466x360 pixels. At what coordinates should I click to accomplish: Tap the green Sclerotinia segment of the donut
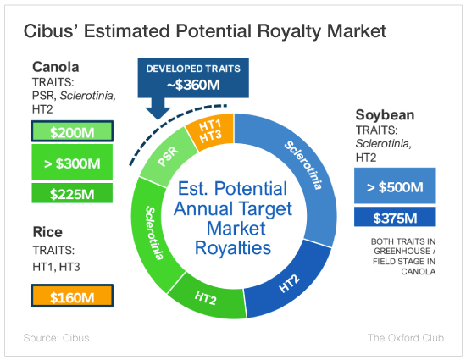[153, 233]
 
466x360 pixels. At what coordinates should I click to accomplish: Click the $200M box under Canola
[72, 131]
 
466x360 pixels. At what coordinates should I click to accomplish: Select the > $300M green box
[72, 162]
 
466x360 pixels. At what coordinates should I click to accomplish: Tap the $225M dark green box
[72, 193]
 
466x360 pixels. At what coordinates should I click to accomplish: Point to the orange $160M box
[72, 296]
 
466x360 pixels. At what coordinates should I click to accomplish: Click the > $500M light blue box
[395, 186]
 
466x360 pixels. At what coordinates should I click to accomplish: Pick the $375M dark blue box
[395, 217]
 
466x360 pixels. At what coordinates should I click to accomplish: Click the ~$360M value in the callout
[193, 86]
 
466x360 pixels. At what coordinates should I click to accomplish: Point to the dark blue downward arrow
[158, 108]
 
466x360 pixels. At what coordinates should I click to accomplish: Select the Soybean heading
[385, 115]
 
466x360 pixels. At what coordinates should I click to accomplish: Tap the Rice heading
[47, 232]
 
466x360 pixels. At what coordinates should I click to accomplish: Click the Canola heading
[56, 67]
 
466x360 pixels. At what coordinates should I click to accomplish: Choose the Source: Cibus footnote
[56, 338]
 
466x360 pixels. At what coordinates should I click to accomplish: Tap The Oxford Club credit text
[406, 338]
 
